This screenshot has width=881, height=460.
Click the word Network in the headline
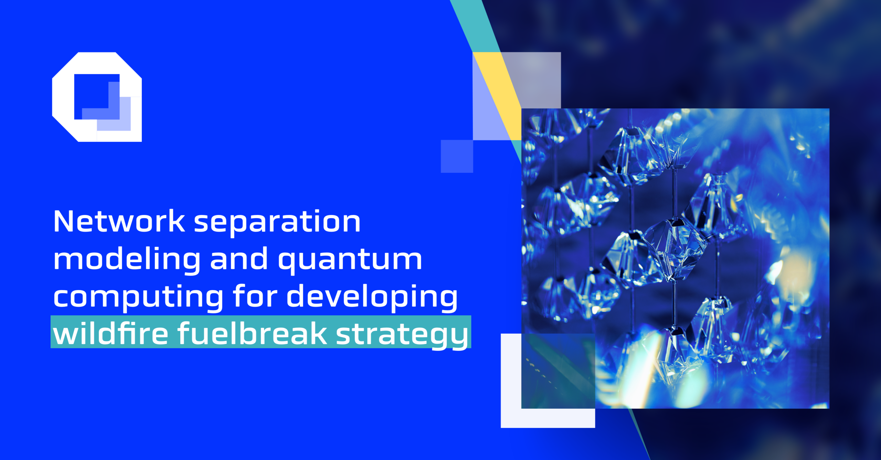119,222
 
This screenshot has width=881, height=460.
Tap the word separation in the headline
277,223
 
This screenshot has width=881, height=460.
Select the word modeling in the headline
127,260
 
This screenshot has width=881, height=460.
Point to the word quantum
350,261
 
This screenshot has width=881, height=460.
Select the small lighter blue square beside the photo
457,156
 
